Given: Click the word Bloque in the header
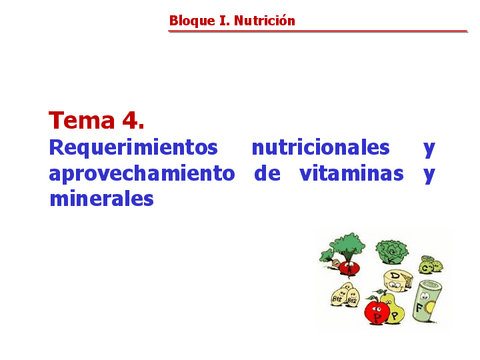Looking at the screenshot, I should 191,20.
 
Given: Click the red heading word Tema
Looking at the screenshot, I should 83,121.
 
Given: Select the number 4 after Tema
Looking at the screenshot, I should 132,121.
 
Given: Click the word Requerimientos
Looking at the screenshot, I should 133,148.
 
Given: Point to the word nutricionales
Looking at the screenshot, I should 320,148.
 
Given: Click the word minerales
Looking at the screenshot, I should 100,198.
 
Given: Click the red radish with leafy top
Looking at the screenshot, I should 345,253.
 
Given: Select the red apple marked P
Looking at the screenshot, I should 376,309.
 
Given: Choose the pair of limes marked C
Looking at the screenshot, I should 430,265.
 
